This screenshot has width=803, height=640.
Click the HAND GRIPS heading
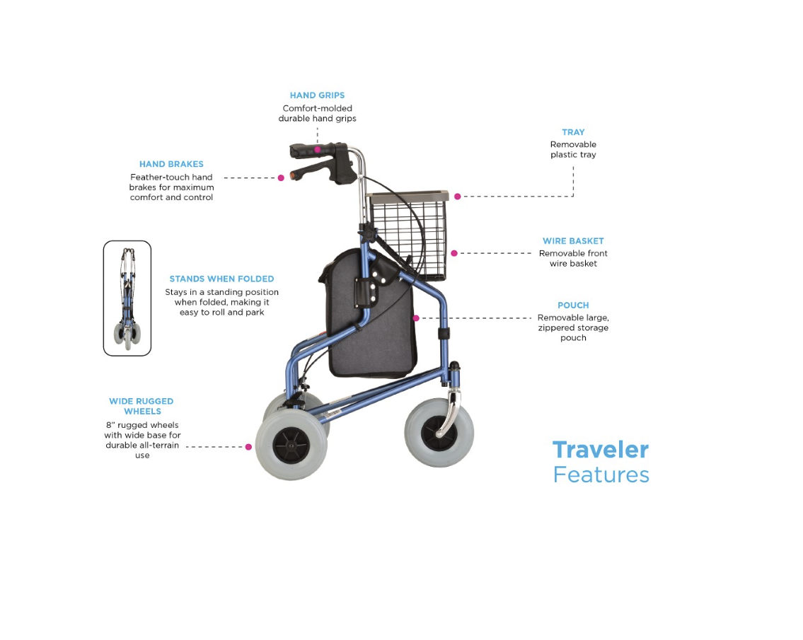coord(317,95)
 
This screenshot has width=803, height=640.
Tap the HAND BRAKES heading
coord(171,164)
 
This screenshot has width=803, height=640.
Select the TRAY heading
coord(573,132)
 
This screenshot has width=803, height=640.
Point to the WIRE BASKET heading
coord(573,240)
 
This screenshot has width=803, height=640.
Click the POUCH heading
coord(573,306)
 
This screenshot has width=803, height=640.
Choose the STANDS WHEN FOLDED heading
coord(221,279)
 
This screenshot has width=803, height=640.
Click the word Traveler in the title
coord(601,450)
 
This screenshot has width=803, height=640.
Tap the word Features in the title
coord(601,475)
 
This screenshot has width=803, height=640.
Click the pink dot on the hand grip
coord(318,149)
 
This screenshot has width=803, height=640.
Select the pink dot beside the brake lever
coord(281,178)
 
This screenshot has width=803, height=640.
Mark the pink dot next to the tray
coord(457,197)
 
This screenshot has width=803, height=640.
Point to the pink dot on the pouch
coord(416,318)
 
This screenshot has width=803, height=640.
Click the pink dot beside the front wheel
coord(248,447)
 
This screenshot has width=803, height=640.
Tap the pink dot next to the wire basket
coord(454,253)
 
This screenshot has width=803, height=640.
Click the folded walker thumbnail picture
coord(127,298)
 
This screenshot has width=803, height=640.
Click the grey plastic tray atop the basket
coord(408,196)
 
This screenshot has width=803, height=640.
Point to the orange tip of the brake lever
coord(293,175)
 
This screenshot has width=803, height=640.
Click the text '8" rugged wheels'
coord(142,425)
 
